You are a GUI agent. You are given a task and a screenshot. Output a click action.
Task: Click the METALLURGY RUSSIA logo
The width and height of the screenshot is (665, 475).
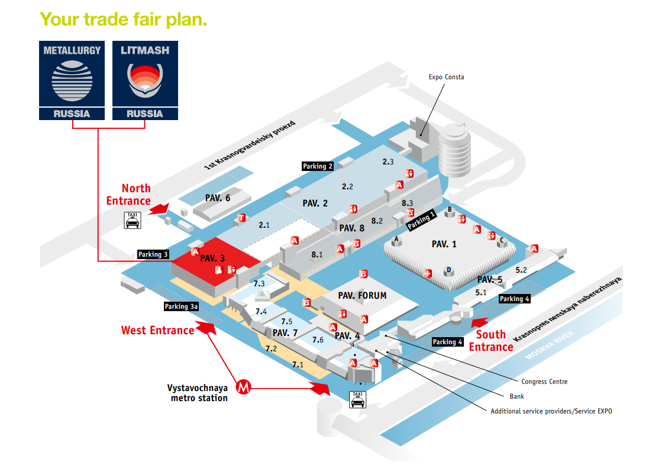[x=72, y=80]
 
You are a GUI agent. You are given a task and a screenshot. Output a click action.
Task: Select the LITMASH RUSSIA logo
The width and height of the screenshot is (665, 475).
[x=145, y=80]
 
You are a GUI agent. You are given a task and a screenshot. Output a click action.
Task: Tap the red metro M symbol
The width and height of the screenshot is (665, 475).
[x=244, y=387]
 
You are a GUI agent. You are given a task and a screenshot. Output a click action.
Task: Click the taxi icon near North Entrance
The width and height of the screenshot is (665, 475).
[x=132, y=220]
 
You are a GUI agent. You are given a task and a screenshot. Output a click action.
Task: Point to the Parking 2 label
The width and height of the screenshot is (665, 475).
[x=318, y=166]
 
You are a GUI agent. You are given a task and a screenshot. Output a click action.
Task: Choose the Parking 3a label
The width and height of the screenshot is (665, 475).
[x=181, y=306]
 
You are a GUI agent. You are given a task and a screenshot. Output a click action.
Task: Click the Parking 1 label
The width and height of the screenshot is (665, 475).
[x=421, y=220]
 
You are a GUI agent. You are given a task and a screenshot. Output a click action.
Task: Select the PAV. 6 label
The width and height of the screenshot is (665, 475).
[x=218, y=198]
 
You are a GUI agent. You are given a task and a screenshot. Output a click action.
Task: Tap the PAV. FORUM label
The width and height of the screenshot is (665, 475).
[x=362, y=295]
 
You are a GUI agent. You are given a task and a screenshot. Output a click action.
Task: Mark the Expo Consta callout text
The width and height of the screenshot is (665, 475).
[x=447, y=77]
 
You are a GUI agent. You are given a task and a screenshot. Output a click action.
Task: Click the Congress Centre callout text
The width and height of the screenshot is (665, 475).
[x=544, y=382]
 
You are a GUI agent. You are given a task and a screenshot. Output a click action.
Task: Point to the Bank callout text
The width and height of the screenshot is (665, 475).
[x=516, y=396]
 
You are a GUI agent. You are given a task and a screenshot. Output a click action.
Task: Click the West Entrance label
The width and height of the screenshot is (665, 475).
[x=157, y=330]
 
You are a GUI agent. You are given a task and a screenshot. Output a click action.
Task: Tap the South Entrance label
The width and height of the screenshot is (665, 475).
[x=491, y=341]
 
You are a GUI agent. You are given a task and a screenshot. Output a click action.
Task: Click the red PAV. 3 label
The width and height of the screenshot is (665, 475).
[x=212, y=258]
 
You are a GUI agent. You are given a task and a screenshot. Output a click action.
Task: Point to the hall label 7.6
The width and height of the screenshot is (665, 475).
[x=318, y=340]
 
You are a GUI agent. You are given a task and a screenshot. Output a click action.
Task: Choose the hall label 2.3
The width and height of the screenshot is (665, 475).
[x=388, y=161]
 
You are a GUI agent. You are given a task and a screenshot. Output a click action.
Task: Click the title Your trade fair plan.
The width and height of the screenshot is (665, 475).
[x=123, y=19]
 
